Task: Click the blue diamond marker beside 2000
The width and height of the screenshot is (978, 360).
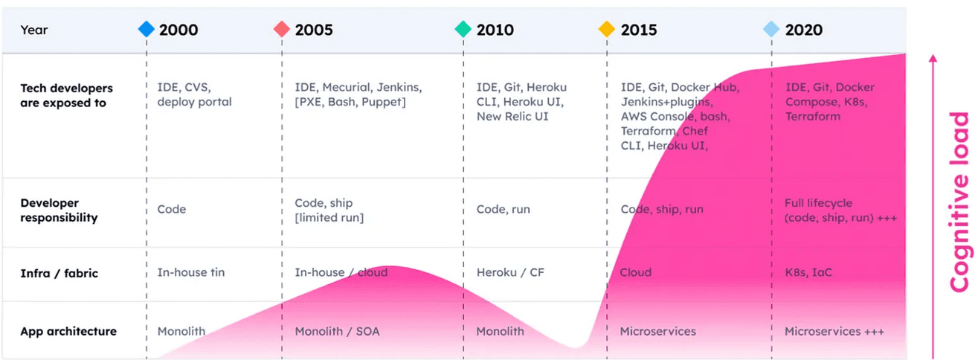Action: coord(147,30)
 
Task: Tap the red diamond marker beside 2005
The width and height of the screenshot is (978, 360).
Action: coord(282,30)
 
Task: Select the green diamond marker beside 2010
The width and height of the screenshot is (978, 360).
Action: coord(463,30)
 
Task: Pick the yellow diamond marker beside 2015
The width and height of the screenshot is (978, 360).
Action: coord(607,30)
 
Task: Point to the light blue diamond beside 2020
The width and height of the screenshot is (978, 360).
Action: coord(771,30)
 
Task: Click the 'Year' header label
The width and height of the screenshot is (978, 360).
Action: coord(34,30)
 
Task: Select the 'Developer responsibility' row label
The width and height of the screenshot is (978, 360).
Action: coord(59,210)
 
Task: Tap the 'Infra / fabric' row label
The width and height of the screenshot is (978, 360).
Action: coord(59,273)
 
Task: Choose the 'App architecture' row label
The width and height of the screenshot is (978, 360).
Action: coord(68,331)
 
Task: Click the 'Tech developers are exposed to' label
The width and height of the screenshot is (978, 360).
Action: coord(65,95)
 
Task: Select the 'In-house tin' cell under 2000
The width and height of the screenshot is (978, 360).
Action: coord(191,272)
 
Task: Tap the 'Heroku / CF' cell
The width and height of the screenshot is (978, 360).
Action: coord(510,272)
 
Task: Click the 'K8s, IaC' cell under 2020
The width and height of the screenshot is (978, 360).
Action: coord(808,272)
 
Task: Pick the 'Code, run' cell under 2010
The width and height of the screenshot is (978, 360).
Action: coord(504,209)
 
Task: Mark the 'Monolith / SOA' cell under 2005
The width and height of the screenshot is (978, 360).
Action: coord(337,331)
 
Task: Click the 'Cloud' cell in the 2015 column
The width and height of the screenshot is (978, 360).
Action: coord(636,272)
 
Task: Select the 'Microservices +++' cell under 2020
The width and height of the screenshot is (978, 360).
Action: coord(834,331)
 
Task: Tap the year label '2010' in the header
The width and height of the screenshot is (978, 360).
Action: coord(495,30)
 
